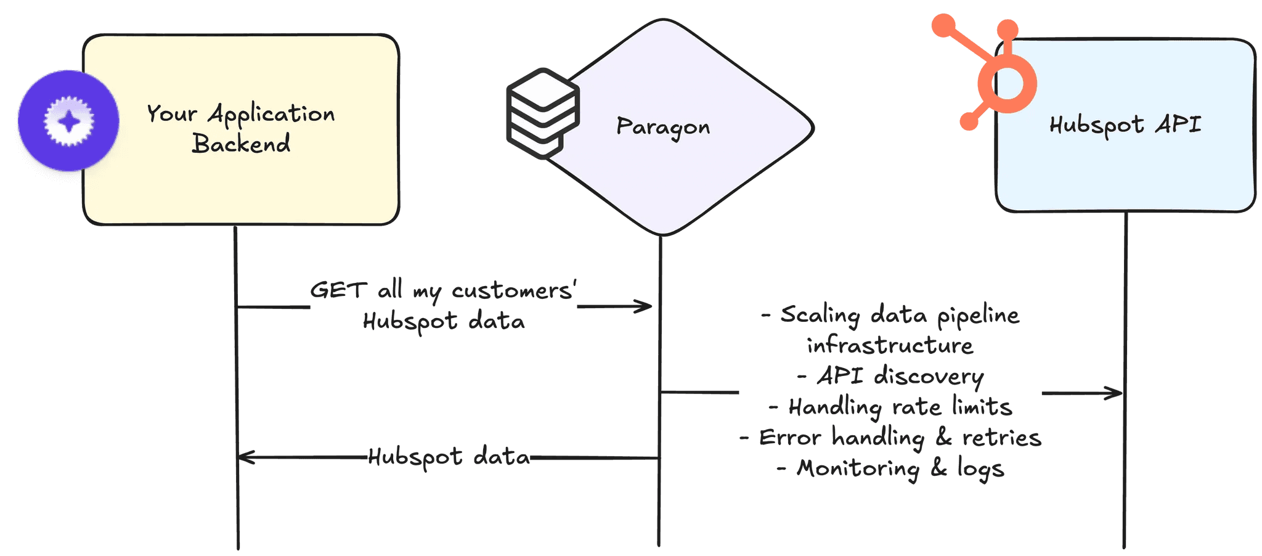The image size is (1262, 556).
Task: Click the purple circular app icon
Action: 68,121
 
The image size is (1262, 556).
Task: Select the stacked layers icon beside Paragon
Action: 542,113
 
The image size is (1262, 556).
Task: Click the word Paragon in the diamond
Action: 663,127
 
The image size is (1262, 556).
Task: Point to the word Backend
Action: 241,144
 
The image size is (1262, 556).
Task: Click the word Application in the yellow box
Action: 271,114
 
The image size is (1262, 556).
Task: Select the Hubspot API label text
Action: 1125,125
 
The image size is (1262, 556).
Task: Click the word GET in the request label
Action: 338,290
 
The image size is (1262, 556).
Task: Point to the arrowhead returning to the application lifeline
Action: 245,457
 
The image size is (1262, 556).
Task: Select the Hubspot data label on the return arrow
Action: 449,457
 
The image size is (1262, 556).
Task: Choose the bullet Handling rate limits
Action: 900,407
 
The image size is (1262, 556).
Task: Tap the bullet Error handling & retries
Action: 900,438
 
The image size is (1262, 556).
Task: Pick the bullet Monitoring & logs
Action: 900,468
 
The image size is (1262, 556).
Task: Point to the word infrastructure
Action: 890,346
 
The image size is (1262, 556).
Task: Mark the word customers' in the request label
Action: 514,290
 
